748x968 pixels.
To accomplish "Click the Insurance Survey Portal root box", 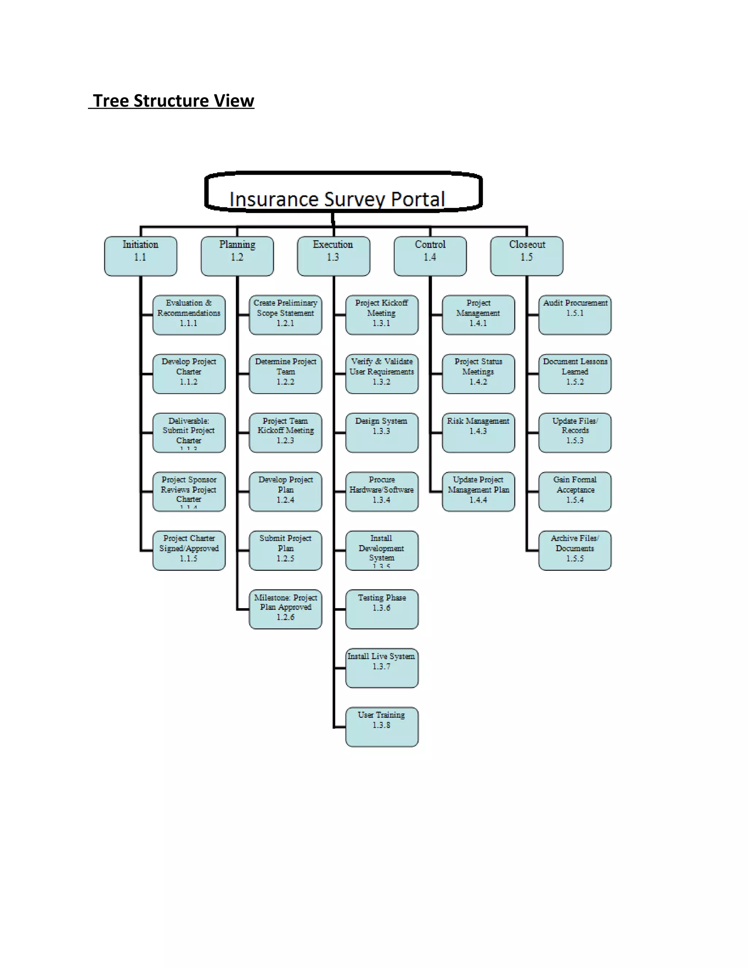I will (343, 192).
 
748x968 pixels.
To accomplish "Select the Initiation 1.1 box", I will (141, 256).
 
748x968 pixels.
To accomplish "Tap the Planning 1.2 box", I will (237, 256).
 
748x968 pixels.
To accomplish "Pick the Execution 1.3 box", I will (333, 256).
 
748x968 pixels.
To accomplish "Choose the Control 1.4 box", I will (430, 256).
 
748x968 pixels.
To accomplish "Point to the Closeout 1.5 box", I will (526, 256).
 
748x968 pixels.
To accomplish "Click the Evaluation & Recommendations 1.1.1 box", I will (189, 315).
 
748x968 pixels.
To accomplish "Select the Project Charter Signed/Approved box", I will (189, 550).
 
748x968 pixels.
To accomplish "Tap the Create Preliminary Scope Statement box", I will (285, 315).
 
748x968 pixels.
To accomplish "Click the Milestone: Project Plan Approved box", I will (285, 609).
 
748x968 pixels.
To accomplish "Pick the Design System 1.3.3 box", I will (382, 432).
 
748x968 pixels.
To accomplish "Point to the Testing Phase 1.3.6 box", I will (382, 609).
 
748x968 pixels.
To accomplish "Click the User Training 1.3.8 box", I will (382, 727).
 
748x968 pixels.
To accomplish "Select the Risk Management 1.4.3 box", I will (478, 432).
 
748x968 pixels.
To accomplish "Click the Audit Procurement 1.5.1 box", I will (575, 315).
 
